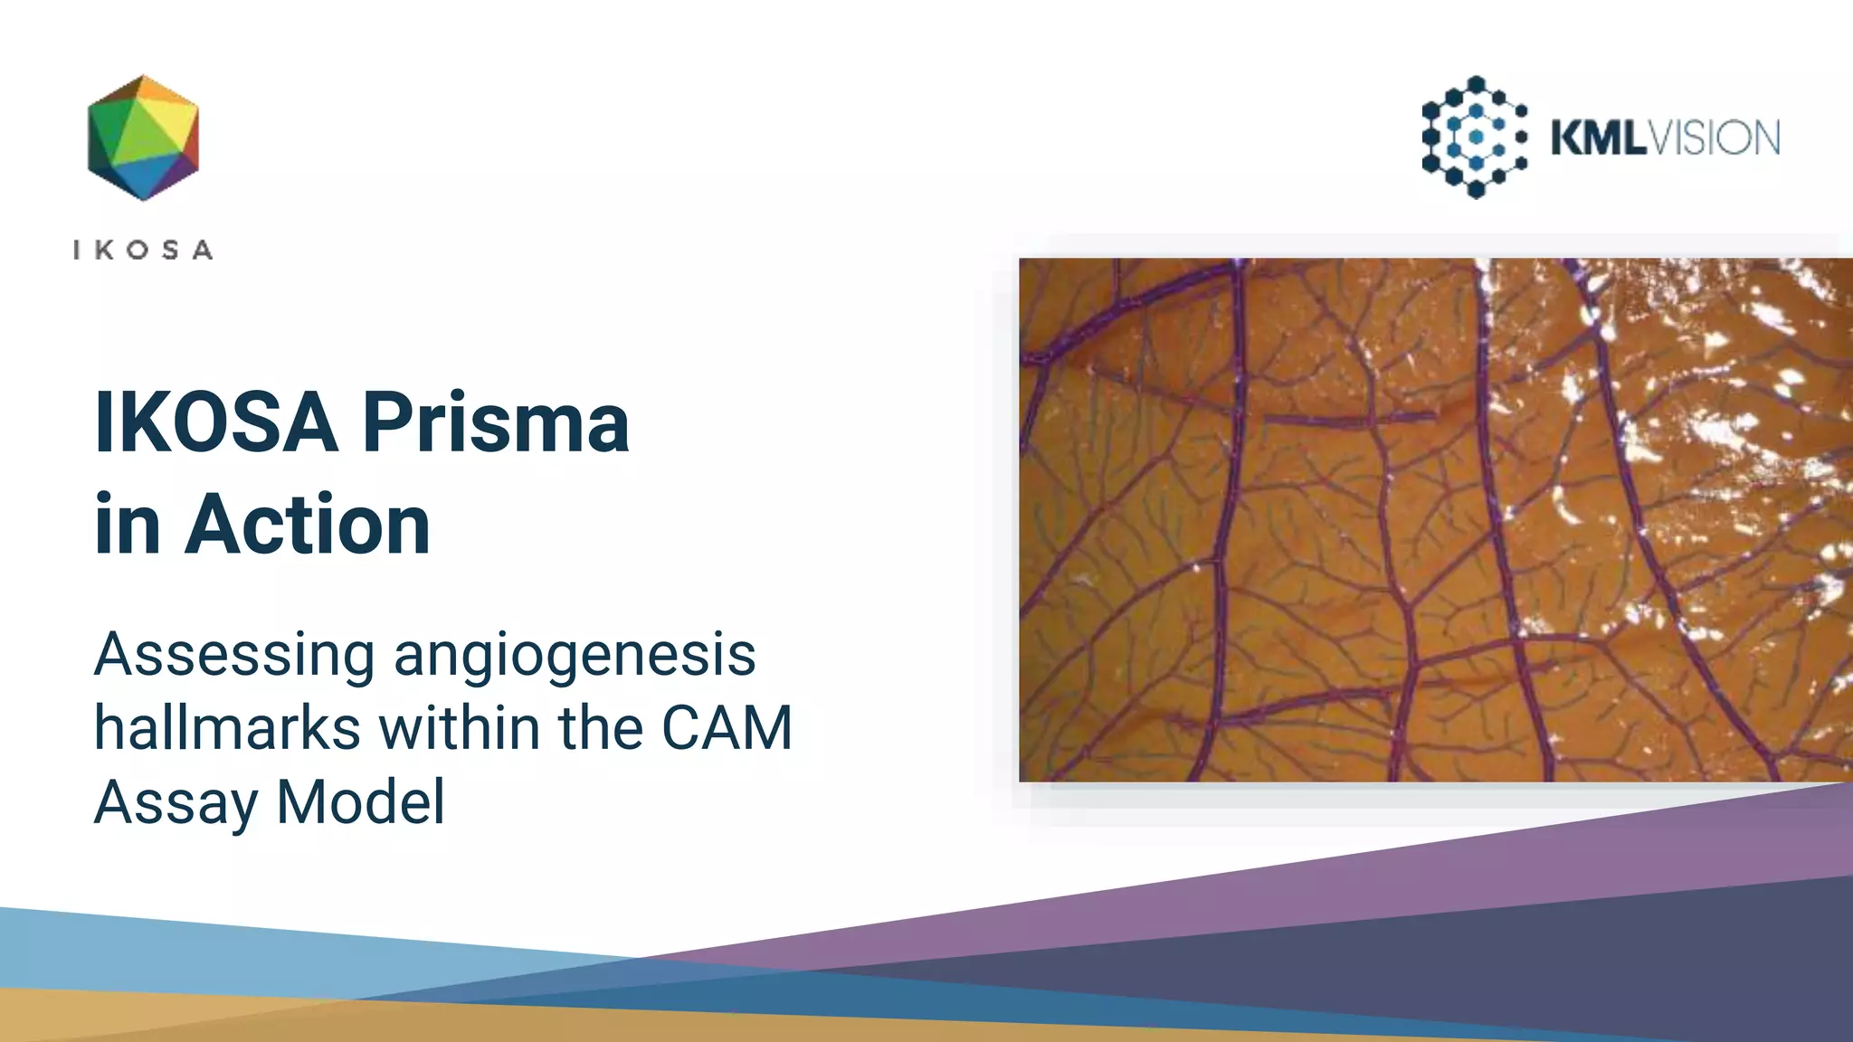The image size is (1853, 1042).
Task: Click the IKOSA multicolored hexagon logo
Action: [143, 137]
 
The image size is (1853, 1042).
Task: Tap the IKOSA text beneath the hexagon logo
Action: [143, 250]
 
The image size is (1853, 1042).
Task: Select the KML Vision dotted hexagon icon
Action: [1475, 137]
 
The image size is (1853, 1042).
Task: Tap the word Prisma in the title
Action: [496, 422]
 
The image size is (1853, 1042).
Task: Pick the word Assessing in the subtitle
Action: [234, 655]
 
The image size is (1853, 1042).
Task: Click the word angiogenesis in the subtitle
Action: [575, 655]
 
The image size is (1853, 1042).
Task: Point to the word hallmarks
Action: [227, 728]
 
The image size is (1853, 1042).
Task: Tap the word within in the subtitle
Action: [459, 728]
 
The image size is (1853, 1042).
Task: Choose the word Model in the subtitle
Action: [360, 802]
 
